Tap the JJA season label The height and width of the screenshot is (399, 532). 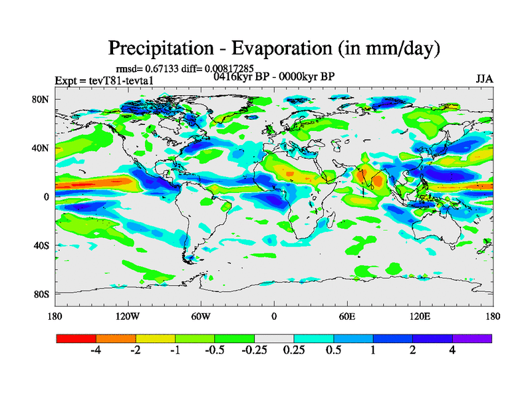484,79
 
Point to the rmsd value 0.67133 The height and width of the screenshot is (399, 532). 158,68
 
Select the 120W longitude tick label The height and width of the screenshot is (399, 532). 127,316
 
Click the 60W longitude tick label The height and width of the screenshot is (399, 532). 200,316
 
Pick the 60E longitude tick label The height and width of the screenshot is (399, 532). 346,316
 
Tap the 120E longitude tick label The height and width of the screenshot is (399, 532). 420,316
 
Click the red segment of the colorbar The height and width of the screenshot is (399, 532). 76,338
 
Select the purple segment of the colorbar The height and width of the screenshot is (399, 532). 472,338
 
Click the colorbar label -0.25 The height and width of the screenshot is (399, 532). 255,350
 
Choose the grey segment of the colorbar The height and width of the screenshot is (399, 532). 274,338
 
